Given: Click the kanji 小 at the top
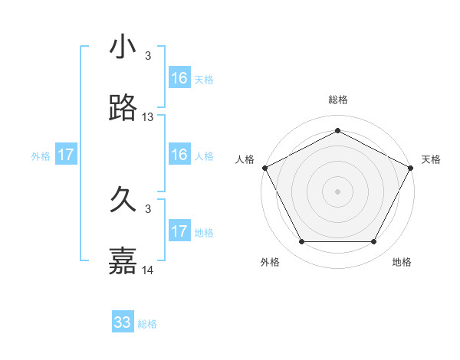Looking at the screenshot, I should [123, 47].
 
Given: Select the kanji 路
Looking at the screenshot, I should [123, 109].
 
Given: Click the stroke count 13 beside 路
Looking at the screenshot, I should [148, 117].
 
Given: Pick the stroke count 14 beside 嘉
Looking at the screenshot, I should [148, 270].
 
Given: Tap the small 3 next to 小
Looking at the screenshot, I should [148, 56].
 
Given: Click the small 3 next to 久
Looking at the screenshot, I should [148, 209].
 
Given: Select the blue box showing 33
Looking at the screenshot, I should [123, 322].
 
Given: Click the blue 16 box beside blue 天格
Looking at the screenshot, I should [179, 78].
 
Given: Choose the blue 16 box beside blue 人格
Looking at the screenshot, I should [179, 155].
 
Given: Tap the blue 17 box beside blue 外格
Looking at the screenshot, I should [66, 155].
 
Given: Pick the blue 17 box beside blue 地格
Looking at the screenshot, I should [179, 231].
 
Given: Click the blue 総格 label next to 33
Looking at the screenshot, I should [147, 324].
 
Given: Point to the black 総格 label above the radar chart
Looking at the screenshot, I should [337, 100].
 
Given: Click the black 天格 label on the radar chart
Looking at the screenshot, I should [431, 159].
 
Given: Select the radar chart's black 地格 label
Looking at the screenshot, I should [402, 262].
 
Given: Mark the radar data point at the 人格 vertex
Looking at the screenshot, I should [264, 168].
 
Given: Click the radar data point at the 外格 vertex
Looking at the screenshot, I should [301, 242].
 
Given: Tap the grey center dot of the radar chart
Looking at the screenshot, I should [337, 191].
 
